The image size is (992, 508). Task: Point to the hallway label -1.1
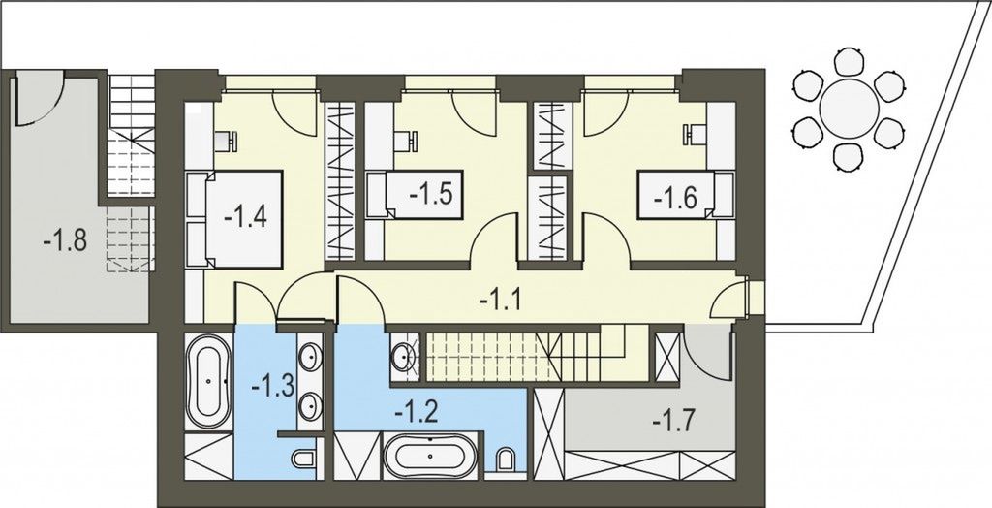coord(503,300)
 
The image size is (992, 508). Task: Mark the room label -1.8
coord(65,239)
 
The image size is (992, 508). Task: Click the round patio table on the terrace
coord(849,108)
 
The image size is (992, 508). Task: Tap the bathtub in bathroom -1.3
coord(207,382)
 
